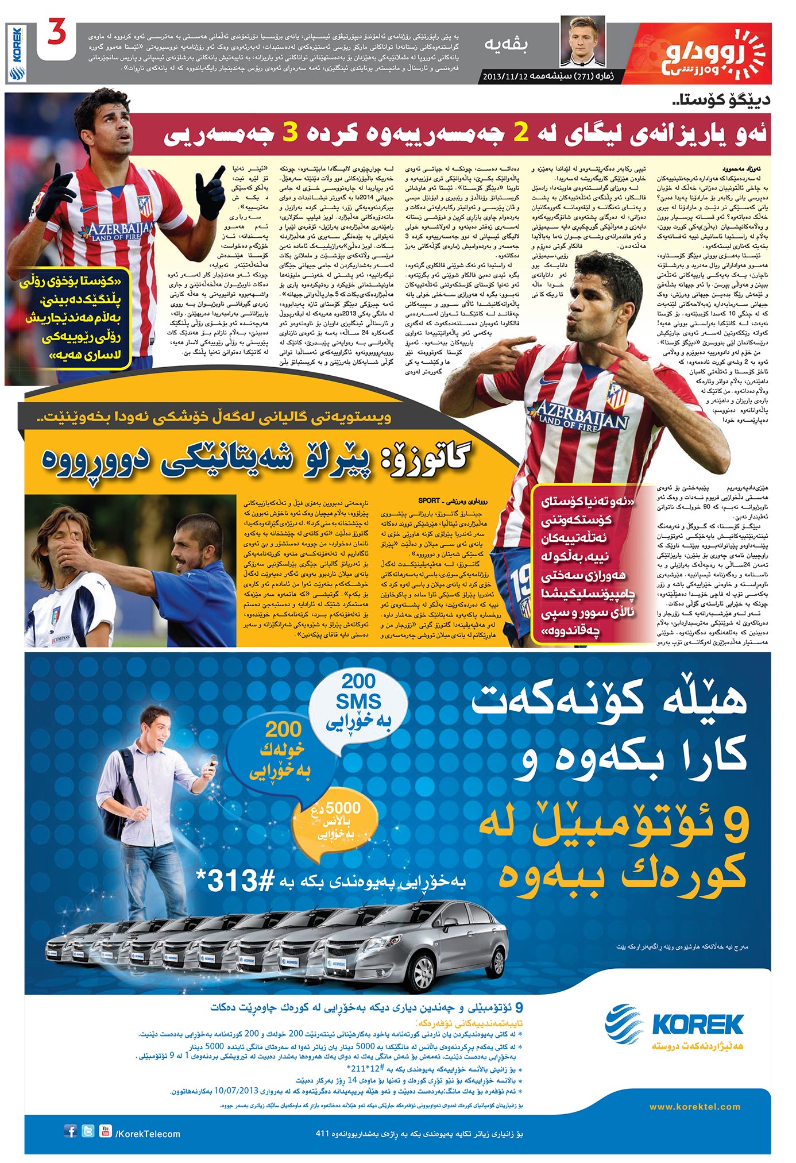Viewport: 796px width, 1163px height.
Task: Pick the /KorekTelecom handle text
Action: (x=148, y=1134)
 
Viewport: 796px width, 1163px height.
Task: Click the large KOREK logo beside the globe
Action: (x=697, y=1025)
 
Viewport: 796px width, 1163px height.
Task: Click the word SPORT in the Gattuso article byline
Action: (x=429, y=500)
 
